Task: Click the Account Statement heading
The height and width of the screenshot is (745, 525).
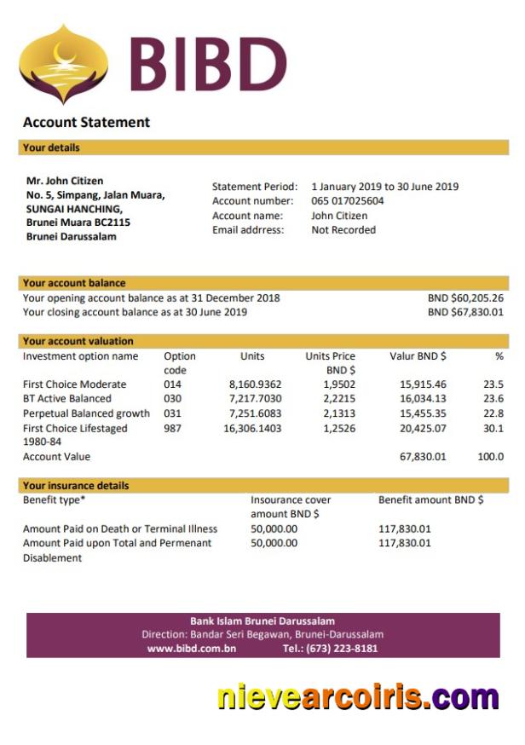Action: tap(86, 123)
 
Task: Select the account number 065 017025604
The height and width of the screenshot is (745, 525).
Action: tap(347, 201)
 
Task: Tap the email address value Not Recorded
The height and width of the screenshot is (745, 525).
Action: tap(343, 230)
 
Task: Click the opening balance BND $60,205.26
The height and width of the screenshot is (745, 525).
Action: tap(465, 298)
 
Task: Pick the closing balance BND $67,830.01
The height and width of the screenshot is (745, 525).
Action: tap(465, 312)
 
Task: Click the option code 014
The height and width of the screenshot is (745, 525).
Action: tap(172, 384)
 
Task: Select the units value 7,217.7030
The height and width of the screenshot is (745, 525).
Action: tap(255, 399)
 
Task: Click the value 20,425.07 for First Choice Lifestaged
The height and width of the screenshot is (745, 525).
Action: tap(423, 428)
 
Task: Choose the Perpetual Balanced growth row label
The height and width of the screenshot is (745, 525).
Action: tap(86, 413)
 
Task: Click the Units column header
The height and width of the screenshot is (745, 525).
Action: tap(252, 356)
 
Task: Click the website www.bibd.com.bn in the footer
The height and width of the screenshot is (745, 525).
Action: tap(192, 649)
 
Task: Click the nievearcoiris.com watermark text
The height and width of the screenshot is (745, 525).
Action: tap(357, 697)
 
